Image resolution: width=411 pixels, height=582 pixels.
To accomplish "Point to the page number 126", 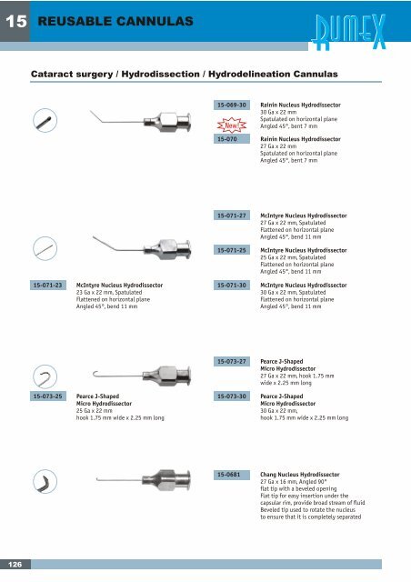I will tap(15, 565).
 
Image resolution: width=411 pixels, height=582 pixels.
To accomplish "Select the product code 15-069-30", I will tap(232, 105).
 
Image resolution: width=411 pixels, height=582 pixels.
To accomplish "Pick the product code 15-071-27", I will tap(232, 216).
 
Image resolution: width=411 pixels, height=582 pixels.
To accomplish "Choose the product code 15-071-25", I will tap(232, 249).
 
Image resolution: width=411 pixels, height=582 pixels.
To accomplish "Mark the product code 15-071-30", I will tap(232, 285).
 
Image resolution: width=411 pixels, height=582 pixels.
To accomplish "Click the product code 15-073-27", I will tap(232, 361).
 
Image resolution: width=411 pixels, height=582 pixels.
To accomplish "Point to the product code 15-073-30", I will tap(232, 396).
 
